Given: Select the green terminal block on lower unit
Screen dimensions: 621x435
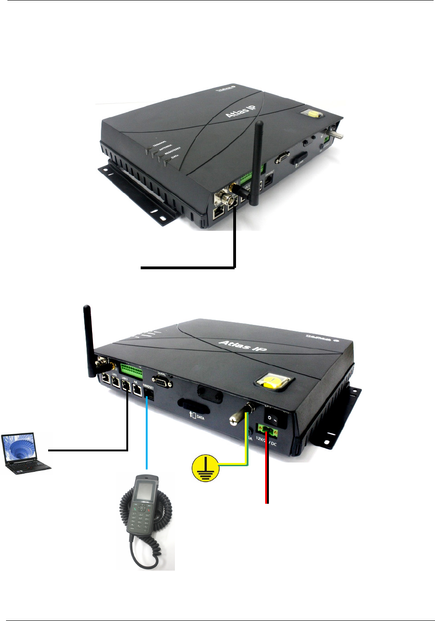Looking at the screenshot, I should pos(133,370).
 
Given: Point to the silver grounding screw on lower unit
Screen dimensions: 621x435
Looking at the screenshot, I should pos(237,417).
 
